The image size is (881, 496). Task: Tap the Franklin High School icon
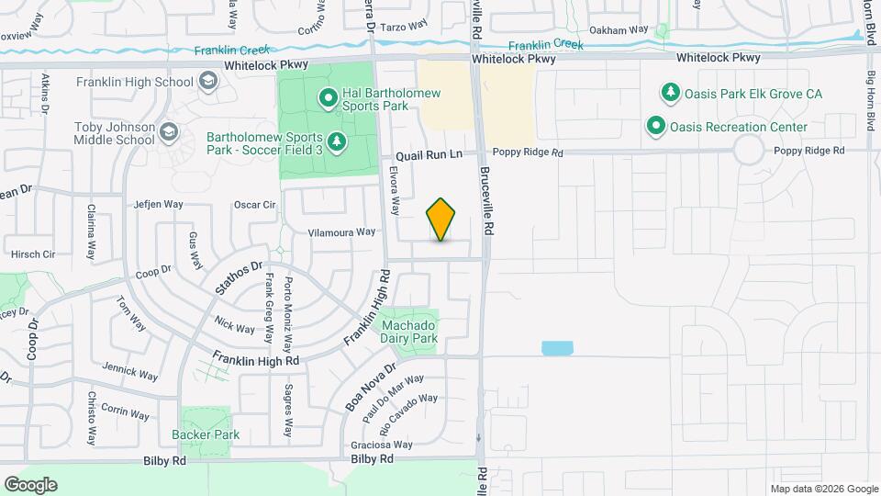pyautogui.click(x=208, y=83)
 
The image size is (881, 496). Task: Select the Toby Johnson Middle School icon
pyautogui.click(x=168, y=134)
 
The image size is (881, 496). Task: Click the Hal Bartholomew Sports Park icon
pyautogui.click(x=328, y=96)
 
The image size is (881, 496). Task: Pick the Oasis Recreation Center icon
pyautogui.click(x=656, y=127)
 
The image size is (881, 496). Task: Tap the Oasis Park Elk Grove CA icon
pyautogui.click(x=671, y=94)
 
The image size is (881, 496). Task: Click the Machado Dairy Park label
pyautogui.click(x=409, y=332)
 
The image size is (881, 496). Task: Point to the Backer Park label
pyautogui.click(x=206, y=434)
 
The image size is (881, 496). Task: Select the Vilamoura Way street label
pyautogui.click(x=342, y=232)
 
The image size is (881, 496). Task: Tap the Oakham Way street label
pyautogui.click(x=619, y=30)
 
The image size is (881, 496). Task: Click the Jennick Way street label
pyautogui.click(x=130, y=372)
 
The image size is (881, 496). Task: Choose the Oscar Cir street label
pyautogui.click(x=255, y=205)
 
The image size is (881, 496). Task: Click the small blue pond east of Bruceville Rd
pyautogui.click(x=557, y=348)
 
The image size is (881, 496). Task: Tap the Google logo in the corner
pyautogui.click(x=30, y=484)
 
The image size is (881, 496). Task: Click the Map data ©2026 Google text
pyautogui.click(x=824, y=489)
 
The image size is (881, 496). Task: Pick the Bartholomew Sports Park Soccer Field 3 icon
pyautogui.click(x=337, y=141)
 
